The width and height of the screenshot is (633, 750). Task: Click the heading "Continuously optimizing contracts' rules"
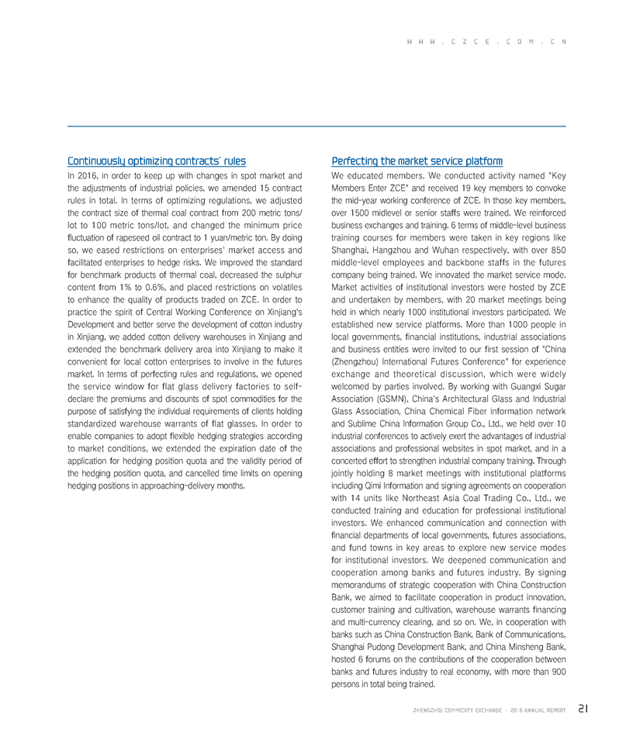157,161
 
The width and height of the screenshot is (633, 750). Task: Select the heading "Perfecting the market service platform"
417,161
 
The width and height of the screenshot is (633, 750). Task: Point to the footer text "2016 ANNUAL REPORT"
534,709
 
